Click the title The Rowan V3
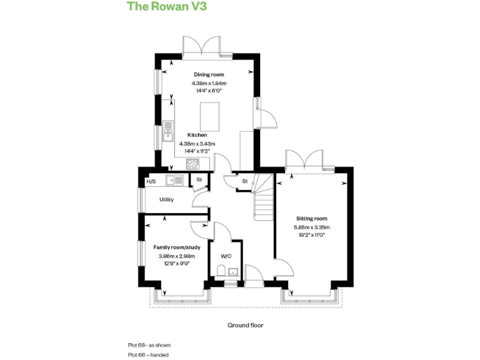(x=167, y=7)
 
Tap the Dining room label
(x=209, y=74)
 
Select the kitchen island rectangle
(x=207, y=116)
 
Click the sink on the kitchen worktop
(x=167, y=131)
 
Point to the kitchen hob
(x=192, y=165)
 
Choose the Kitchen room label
(x=197, y=135)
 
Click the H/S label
(x=151, y=182)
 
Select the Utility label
(x=166, y=199)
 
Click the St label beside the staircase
(x=245, y=181)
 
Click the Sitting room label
(x=311, y=219)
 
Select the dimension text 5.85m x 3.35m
(x=312, y=227)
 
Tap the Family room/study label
(x=174, y=247)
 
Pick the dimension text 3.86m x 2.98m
(x=176, y=256)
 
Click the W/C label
(x=226, y=256)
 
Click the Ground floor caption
(x=246, y=325)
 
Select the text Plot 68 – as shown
(x=149, y=345)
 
